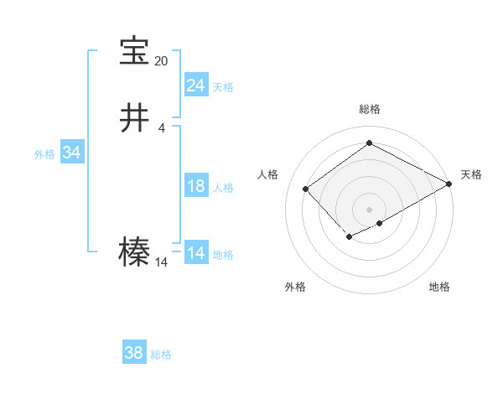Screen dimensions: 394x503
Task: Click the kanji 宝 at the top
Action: (134, 51)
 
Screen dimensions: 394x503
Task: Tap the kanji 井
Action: (134, 118)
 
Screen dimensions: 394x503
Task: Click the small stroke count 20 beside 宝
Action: (161, 61)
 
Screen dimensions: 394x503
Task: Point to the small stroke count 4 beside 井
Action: (161, 127)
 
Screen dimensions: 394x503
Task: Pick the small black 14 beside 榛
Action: (161, 262)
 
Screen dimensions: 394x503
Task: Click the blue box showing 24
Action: (195, 86)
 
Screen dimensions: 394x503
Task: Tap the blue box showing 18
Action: (195, 187)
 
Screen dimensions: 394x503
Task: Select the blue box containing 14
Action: (195, 254)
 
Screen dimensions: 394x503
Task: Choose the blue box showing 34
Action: (71, 153)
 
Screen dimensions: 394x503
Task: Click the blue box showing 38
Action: (133, 354)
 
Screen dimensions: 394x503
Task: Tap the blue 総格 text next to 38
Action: (161, 355)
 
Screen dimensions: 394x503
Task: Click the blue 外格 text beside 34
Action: (44, 154)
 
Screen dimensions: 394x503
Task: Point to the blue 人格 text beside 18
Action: (223, 188)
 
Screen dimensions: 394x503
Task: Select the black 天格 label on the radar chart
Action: (471, 174)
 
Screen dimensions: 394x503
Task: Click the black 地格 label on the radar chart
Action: (439, 287)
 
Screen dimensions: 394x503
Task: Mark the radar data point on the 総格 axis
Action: (369, 143)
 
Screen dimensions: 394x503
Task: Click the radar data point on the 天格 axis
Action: (449, 184)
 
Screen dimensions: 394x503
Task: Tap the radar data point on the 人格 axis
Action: (306, 189)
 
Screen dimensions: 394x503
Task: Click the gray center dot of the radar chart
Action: (369, 209)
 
